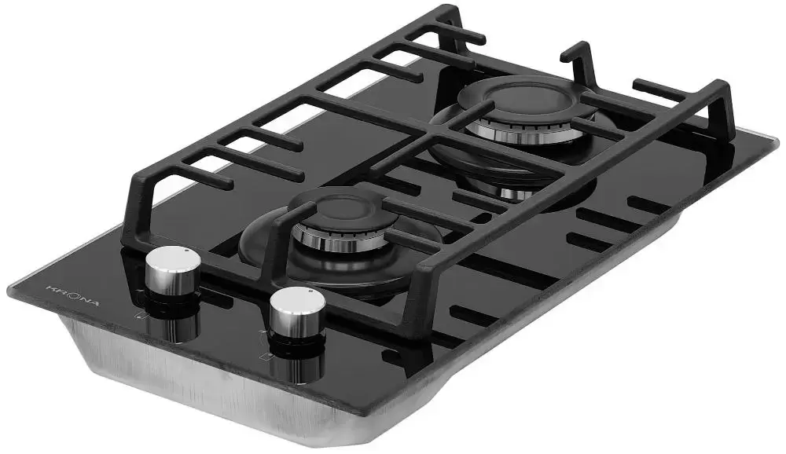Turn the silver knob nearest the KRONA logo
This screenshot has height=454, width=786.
(173, 272)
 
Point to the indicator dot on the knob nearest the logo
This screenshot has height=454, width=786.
(186, 250)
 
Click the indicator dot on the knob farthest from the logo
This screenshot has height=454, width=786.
(310, 291)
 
